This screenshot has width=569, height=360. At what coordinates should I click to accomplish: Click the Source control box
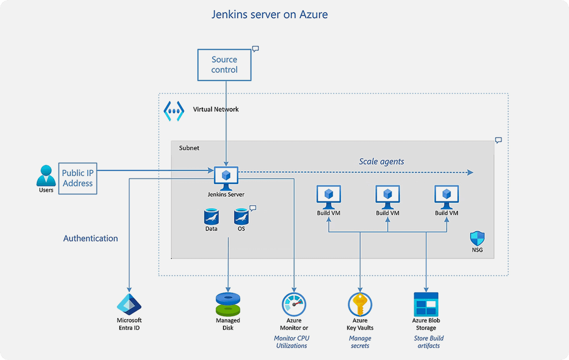pos(224,65)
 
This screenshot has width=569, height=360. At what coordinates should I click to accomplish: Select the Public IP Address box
pos(77,178)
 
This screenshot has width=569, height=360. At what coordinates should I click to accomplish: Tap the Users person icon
pos(46,176)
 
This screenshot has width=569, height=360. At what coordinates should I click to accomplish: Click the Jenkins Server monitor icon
pos(226,178)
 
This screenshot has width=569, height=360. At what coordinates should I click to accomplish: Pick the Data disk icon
pos(211,216)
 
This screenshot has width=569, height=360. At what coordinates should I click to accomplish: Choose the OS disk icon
pos(241,216)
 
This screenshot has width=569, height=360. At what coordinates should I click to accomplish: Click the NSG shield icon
pos(477,239)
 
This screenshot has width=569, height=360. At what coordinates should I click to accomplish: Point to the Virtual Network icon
pos(174,112)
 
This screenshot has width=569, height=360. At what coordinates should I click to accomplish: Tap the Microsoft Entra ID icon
pos(129,303)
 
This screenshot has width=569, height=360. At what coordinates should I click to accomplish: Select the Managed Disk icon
pos(228,304)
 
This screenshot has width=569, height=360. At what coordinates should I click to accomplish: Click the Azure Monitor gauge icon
pos(294,304)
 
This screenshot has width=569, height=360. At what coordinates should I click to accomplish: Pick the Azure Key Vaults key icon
pos(360,304)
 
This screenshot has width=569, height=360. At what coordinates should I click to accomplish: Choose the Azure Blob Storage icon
pos(426,304)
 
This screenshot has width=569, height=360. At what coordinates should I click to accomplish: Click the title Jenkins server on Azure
pos(269,14)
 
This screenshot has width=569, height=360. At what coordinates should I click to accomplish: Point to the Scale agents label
pos(381,161)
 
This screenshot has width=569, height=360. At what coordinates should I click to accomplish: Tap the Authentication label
pos(91,239)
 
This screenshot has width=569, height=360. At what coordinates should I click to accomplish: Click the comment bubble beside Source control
pos(255,49)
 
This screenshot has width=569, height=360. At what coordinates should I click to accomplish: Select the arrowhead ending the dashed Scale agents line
pos(470,172)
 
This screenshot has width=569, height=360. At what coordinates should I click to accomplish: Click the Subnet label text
pos(189,148)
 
